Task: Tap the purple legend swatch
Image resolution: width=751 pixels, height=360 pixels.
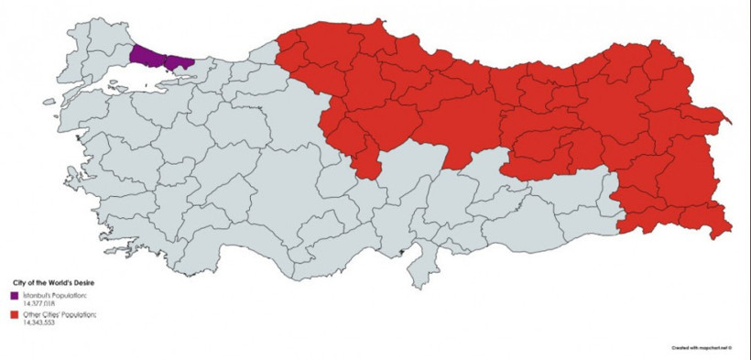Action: [x=15, y=295]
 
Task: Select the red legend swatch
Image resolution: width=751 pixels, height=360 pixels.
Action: [x=15, y=315]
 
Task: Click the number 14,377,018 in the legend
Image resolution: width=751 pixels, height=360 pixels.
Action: [x=41, y=302]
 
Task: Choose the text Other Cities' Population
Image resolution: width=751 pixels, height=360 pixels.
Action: [x=60, y=315]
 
